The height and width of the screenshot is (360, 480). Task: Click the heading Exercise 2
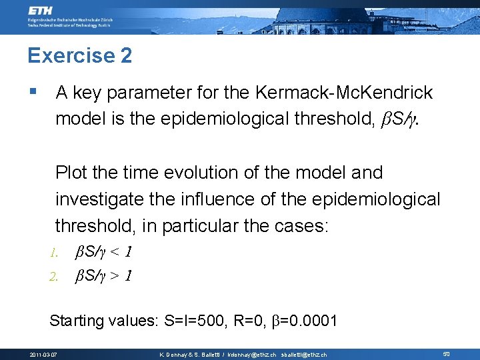[x=79, y=55]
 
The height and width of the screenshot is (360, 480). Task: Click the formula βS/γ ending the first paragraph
[x=401, y=120]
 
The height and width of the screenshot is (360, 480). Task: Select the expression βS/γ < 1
[x=104, y=253]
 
